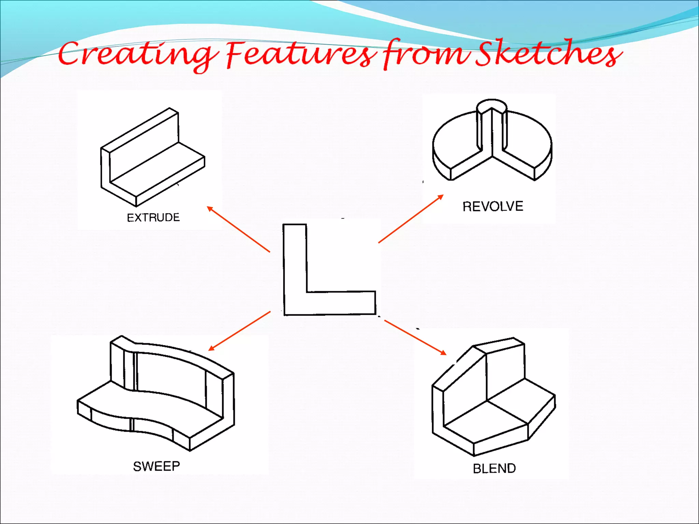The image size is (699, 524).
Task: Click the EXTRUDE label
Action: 153,217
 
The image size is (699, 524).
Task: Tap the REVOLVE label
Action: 493,206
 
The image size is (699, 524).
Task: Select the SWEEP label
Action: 156,466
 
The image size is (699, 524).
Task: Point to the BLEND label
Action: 494,468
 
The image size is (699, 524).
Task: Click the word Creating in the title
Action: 137,55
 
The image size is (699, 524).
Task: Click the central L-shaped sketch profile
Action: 295,273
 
